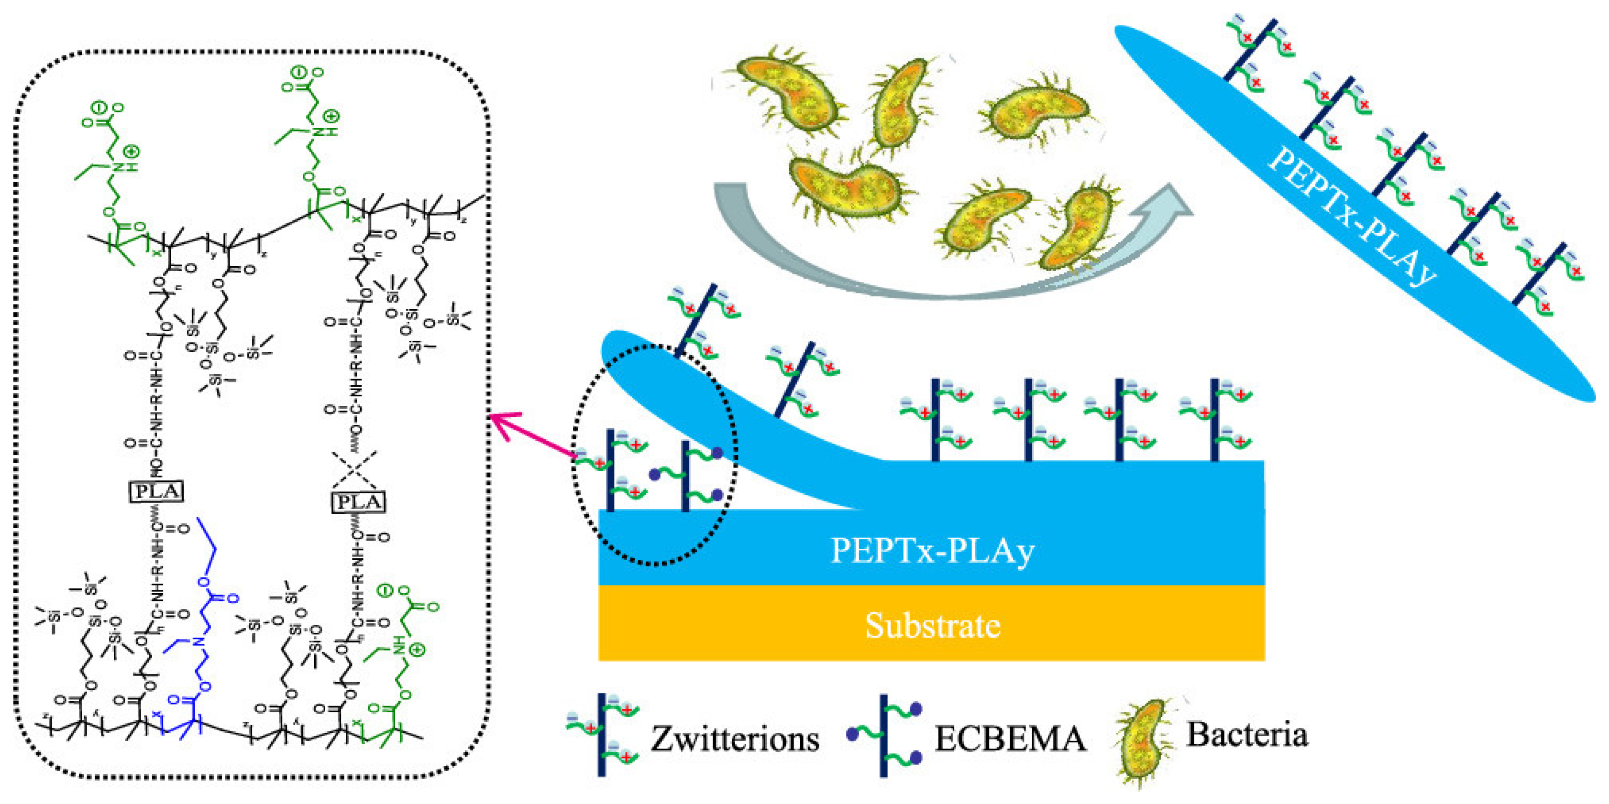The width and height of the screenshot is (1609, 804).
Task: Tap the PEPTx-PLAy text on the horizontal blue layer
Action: (x=932, y=550)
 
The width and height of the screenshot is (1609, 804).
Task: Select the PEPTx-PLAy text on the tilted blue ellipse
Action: (x=1352, y=216)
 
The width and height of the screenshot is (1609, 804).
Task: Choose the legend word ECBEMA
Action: (x=1010, y=739)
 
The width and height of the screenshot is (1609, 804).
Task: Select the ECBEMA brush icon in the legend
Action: (x=884, y=735)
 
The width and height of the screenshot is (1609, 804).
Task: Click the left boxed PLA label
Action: (x=156, y=491)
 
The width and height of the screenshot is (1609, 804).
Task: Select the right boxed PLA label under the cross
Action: (x=358, y=502)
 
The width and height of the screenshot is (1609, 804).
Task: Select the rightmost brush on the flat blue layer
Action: (x=1215, y=418)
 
